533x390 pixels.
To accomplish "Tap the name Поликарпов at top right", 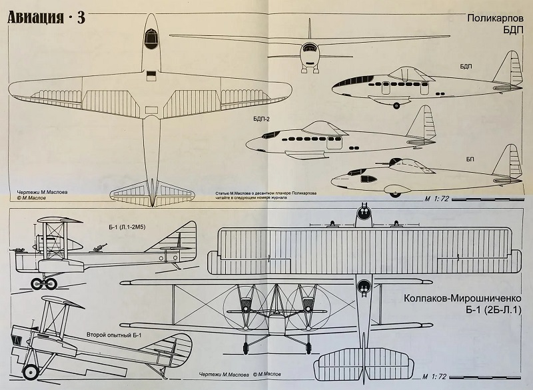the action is [495, 18].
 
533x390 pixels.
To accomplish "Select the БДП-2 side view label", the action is [261, 119].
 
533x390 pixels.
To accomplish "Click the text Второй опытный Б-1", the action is [114, 335].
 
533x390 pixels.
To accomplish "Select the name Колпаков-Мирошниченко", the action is [462, 299].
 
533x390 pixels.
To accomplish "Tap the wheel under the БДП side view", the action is [396, 105].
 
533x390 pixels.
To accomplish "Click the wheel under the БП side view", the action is [395, 195].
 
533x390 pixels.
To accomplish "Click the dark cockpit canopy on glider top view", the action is [151, 39].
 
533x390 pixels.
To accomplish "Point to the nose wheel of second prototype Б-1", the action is [30, 372].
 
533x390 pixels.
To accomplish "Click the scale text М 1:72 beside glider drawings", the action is [436, 199].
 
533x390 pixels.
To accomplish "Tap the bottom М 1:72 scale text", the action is [435, 377].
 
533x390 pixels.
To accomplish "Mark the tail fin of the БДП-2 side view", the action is [422, 123].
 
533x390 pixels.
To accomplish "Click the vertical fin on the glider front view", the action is [310, 29].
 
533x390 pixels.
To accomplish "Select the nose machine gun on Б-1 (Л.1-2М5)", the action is [18, 250].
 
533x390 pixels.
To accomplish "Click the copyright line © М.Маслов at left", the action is [31, 198].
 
